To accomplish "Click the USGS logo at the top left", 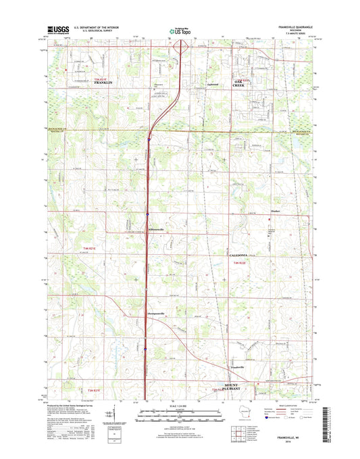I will point(53,30).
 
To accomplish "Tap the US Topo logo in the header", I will point(180,30).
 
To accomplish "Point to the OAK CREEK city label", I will point(242,85).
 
